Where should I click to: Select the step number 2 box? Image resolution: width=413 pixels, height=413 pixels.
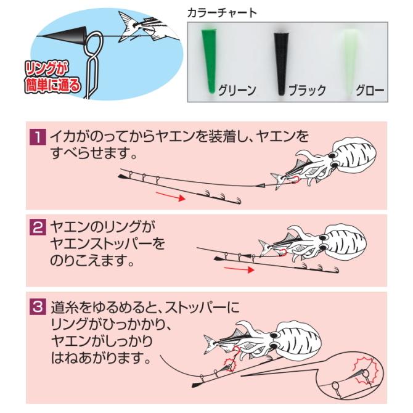38,229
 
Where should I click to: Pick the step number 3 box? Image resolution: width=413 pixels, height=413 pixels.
38,306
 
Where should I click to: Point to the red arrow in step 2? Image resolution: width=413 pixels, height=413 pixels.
237,269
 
